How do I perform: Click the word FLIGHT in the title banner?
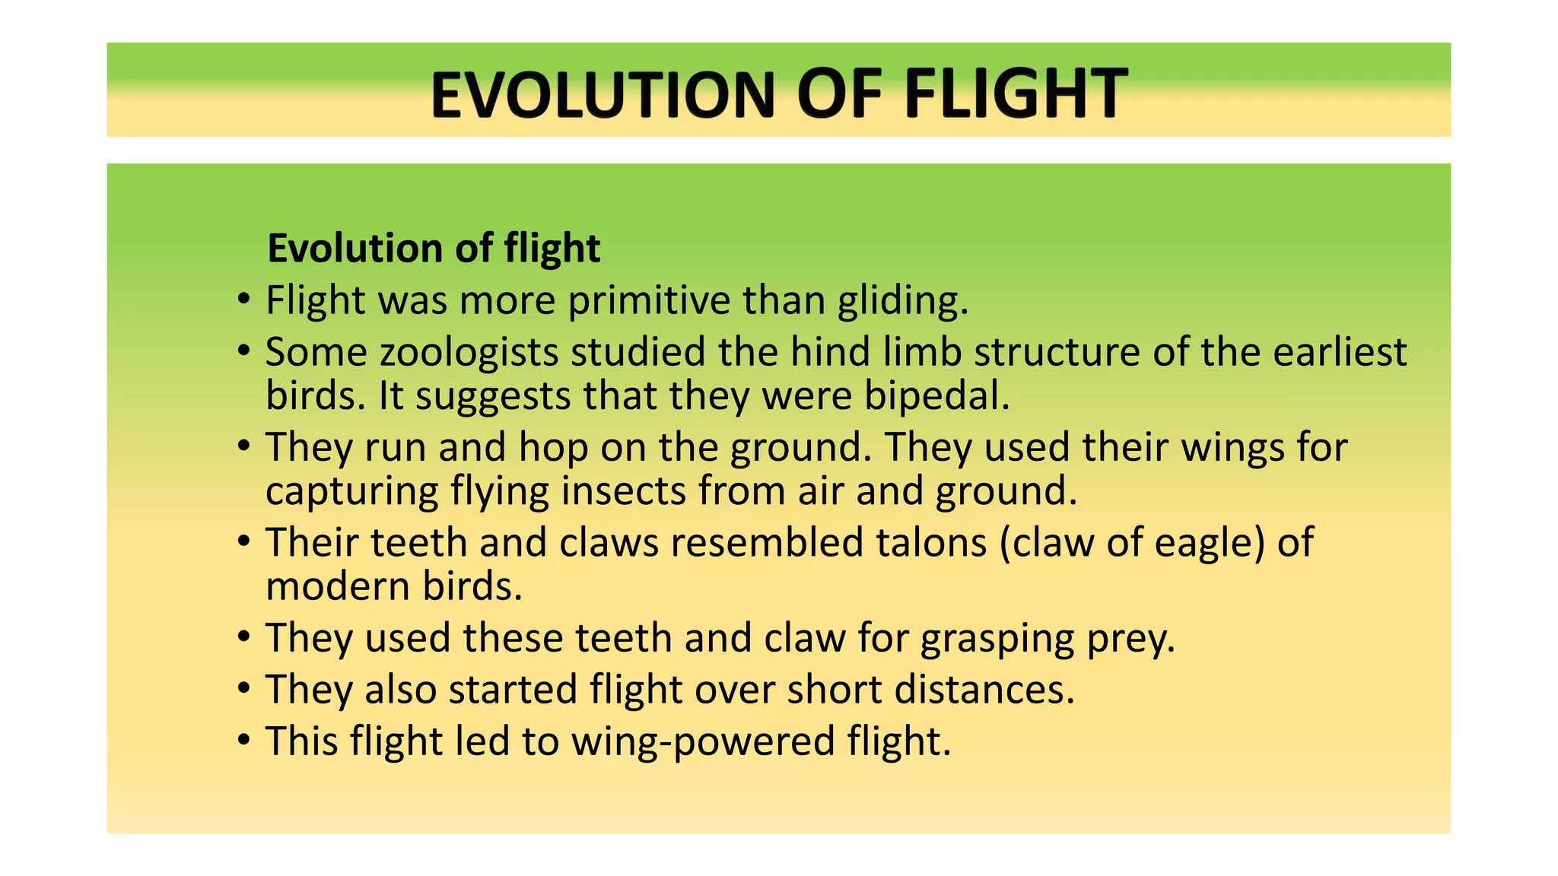[x=1015, y=94]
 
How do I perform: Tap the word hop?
[x=553, y=449]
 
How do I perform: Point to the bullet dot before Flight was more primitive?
[x=243, y=300]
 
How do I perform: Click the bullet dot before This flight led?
[x=243, y=740]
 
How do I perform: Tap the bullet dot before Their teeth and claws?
[x=243, y=542]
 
